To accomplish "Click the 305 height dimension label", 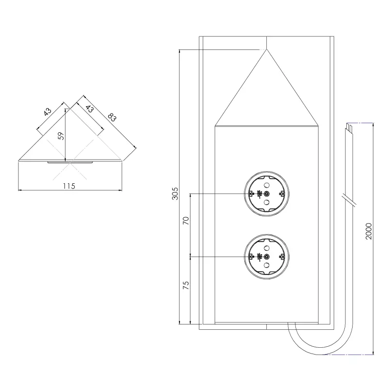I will (176, 194).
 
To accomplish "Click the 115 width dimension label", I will (69, 186).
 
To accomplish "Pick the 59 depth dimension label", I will (61, 136).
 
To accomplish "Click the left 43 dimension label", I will (48, 112).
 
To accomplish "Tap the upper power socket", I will (266, 194).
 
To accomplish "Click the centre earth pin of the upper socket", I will (266, 194).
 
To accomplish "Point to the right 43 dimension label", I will (89, 109).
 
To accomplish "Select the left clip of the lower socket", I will (250, 256).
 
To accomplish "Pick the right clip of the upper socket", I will (281, 194).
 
